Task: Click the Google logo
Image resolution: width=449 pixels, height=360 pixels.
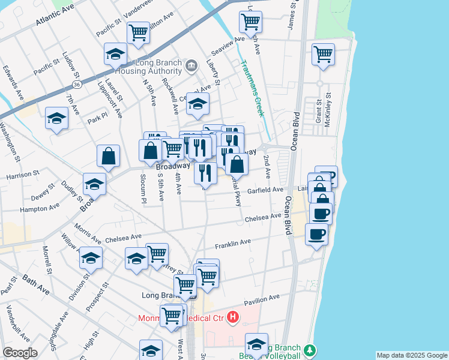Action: click(x=20, y=353)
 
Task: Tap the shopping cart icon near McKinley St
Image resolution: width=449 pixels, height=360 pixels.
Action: click(x=323, y=54)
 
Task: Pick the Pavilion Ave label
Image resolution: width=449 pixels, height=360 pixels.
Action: click(x=262, y=298)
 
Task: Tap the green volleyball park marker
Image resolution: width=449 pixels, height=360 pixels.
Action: click(x=309, y=349)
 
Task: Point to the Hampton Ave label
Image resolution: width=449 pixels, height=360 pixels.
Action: click(x=40, y=208)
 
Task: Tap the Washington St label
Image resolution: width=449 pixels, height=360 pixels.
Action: click(x=10, y=140)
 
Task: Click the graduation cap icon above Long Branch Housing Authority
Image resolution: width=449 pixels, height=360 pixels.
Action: click(x=115, y=54)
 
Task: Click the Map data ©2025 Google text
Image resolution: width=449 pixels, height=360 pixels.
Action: click(x=412, y=355)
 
